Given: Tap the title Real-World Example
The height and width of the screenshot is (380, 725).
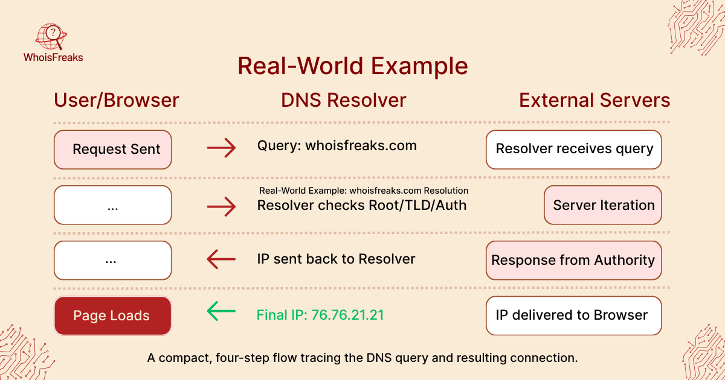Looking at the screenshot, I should (352, 66).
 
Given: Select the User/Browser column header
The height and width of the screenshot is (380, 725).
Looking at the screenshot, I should (117, 100).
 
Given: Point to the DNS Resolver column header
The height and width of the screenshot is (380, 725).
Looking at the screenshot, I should (343, 100).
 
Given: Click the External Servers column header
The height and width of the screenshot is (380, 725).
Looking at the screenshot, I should (594, 100).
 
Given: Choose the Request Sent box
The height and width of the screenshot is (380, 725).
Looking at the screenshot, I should (113, 149).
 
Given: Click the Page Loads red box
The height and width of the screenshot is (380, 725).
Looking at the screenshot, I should (113, 315).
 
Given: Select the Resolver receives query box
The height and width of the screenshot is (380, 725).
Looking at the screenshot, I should (574, 149).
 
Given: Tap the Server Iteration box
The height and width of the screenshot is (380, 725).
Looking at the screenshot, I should (603, 205).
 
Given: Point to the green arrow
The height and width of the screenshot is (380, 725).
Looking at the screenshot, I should (221, 311).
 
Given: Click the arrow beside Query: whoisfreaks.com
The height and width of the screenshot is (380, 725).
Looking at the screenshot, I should (221, 148).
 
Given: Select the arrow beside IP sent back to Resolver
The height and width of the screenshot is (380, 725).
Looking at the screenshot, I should (221, 259).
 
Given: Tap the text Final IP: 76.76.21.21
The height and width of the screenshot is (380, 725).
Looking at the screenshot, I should (320, 315).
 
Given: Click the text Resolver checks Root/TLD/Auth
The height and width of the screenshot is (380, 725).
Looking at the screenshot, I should (362, 205).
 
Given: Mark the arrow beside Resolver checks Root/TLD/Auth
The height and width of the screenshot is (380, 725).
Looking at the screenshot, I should (221, 207).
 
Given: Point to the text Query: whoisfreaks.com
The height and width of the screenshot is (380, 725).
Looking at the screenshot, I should (337, 145).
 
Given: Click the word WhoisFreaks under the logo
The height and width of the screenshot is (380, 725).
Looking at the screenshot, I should (53, 58).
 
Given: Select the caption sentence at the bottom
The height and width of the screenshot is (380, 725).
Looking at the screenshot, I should (362, 358).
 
